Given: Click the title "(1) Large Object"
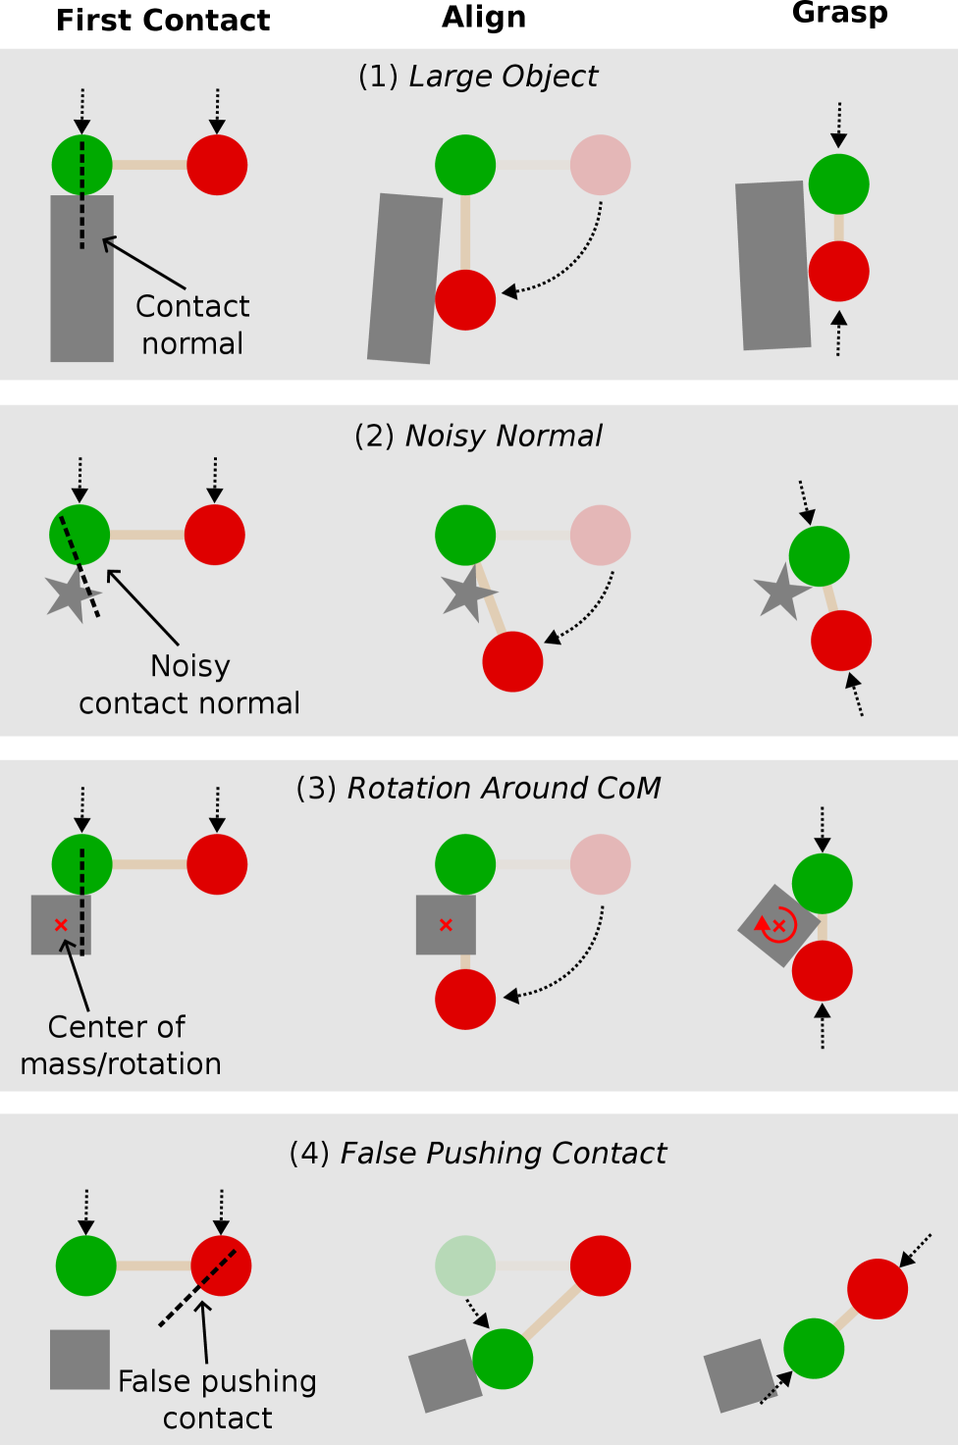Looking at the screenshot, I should [478, 77].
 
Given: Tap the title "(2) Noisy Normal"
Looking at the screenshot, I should [478, 436].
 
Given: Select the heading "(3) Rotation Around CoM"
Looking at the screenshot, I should [478, 788].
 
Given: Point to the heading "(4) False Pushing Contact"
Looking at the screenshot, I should [478, 1153].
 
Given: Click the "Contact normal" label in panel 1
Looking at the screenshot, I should [192, 325].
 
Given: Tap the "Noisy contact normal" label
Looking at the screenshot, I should [189, 685].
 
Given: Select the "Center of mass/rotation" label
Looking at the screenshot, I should [120, 1045].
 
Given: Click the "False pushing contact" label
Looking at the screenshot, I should [217, 1399].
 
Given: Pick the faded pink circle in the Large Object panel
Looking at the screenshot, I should [600, 165].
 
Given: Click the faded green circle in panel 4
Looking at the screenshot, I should [465, 1265].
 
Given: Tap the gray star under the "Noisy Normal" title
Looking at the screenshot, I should [468, 593].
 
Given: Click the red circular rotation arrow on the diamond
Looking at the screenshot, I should [777, 924].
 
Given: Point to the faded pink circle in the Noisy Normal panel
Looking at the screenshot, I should [600, 535].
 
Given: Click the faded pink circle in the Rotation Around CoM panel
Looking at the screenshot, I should [600, 864].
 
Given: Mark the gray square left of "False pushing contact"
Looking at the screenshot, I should [80, 1360].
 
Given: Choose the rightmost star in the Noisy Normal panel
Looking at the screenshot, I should [781, 592].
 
